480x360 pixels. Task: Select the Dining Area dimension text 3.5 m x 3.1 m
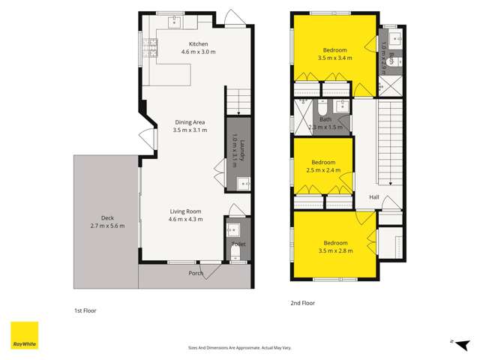(x=190, y=130)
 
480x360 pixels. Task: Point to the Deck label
(x=106, y=217)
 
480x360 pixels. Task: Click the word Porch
(x=195, y=274)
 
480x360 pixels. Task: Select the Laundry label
(x=238, y=147)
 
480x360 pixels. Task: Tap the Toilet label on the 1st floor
(x=238, y=244)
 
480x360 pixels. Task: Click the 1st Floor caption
(x=85, y=310)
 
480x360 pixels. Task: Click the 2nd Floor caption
(x=302, y=303)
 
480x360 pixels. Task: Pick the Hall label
(x=373, y=198)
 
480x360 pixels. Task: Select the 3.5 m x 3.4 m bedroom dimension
(x=334, y=58)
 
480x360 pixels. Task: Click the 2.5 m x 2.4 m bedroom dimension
(x=322, y=170)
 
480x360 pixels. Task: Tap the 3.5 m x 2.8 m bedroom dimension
(x=334, y=250)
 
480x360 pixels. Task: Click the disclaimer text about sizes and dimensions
(x=239, y=347)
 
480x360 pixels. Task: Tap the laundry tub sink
(x=242, y=182)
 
